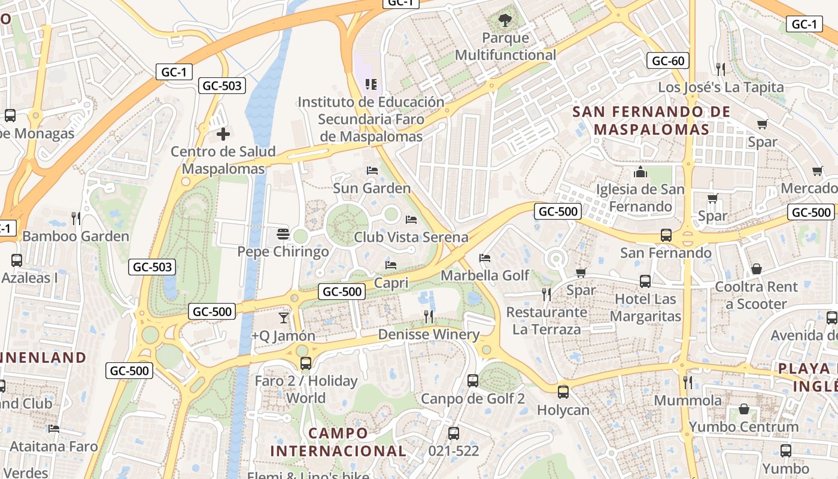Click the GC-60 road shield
tap(668, 60)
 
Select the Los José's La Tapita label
tap(721, 87)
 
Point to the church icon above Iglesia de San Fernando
tap(640, 172)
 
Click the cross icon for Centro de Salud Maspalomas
tap(223, 134)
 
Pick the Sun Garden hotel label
tap(372, 188)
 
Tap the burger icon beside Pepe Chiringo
tap(283, 234)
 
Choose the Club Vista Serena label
tap(411, 237)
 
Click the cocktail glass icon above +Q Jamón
tap(283, 317)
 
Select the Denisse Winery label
tap(429, 334)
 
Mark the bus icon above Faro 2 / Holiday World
tap(306, 363)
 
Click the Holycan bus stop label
tap(563, 410)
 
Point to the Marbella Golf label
tap(485, 275)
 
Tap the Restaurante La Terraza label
tap(546, 320)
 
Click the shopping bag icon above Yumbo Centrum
tap(744, 409)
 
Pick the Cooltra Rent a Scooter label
tap(757, 295)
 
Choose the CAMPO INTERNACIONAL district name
tap(338, 441)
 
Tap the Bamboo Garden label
tap(75, 237)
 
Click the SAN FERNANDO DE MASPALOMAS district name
tap(651, 120)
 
